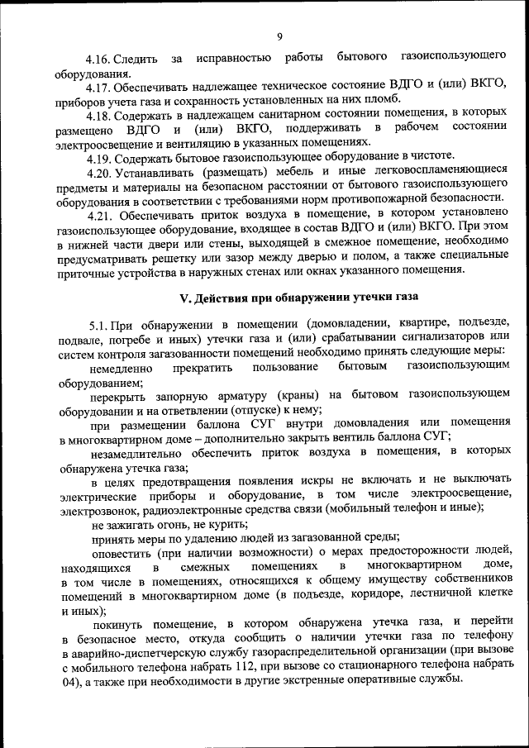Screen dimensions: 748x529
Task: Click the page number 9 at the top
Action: click(280, 36)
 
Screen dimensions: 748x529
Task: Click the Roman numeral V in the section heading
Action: click(187, 295)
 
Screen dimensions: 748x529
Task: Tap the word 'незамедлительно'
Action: click(140, 452)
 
